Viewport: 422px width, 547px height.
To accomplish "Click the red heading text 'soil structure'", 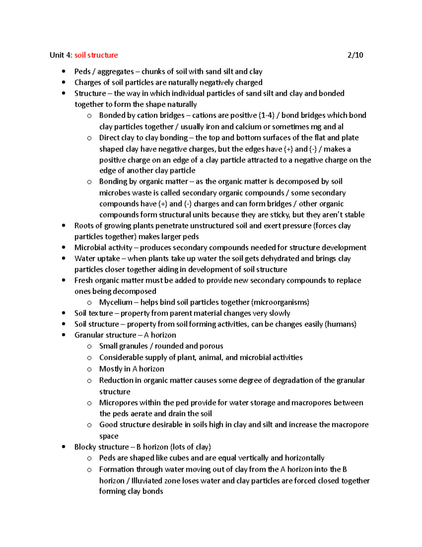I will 96,55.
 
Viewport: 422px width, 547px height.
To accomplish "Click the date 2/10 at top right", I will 355,55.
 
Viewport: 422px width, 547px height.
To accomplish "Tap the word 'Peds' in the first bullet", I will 82,72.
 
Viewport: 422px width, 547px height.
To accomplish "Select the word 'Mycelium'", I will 116,302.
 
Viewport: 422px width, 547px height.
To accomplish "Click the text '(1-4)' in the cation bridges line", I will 266,115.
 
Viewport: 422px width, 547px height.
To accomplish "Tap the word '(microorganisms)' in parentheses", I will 280,302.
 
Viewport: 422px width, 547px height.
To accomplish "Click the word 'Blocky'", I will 85,447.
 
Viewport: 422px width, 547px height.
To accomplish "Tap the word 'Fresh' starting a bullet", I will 83,280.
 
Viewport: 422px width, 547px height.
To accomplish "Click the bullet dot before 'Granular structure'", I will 64,335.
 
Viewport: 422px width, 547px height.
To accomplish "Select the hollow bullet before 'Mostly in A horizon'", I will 89,369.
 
